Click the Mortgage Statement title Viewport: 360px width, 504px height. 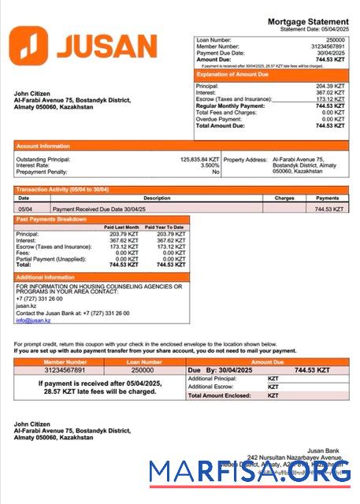(x=308, y=21)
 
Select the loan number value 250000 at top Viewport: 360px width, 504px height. (x=335, y=39)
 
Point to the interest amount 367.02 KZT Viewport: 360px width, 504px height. (x=329, y=92)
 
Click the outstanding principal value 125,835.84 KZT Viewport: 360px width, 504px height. (x=199, y=159)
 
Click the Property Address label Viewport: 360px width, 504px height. (x=245, y=159)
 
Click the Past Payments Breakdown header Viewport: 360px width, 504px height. (x=52, y=219)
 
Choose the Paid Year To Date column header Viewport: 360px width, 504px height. (x=164, y=227)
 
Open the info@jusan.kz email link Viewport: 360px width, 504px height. (x=33, y=321)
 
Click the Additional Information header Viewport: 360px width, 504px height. (x=46, y=277)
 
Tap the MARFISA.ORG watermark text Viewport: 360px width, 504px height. (x=251, y=472)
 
